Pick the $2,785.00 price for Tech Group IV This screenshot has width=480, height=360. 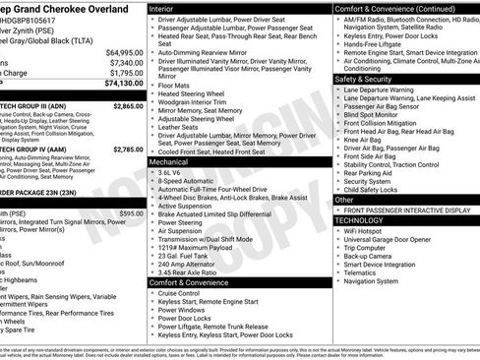[x=128, y=150]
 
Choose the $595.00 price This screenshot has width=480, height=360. [x=131, y=212]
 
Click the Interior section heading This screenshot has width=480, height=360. [x=162, y=8]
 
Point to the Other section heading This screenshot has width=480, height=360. [x=344, y=200]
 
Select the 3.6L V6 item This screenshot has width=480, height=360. [x=170, y=171]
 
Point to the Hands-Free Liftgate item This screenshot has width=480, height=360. [x=370, y=44]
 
